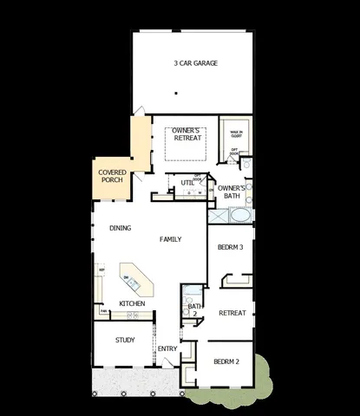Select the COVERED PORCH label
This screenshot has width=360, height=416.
tap(113, 177)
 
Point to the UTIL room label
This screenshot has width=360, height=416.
tap(187, 183)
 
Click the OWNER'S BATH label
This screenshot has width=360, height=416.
tap(232, 192)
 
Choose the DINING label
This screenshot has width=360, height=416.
tap(121, 229)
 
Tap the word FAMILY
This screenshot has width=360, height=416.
tap(170, 238)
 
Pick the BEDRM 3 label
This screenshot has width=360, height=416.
tap(230, 247)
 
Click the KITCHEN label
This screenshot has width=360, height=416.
tap(132, 303)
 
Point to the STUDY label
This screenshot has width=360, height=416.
tap(125, 340)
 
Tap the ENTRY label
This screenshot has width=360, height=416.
tap(167, 349)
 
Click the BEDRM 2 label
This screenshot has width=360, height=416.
tap(226, 361)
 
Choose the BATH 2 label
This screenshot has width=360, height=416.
tap(194, 309)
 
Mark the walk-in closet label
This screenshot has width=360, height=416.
tap(236, 133)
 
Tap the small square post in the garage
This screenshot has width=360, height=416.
tap(175, 93)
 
